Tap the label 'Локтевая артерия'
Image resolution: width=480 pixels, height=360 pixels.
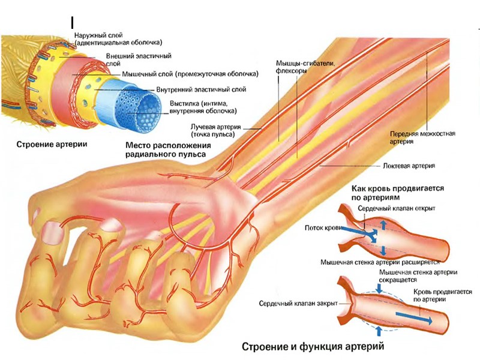407,165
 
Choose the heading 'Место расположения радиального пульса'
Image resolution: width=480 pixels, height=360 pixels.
169,150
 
